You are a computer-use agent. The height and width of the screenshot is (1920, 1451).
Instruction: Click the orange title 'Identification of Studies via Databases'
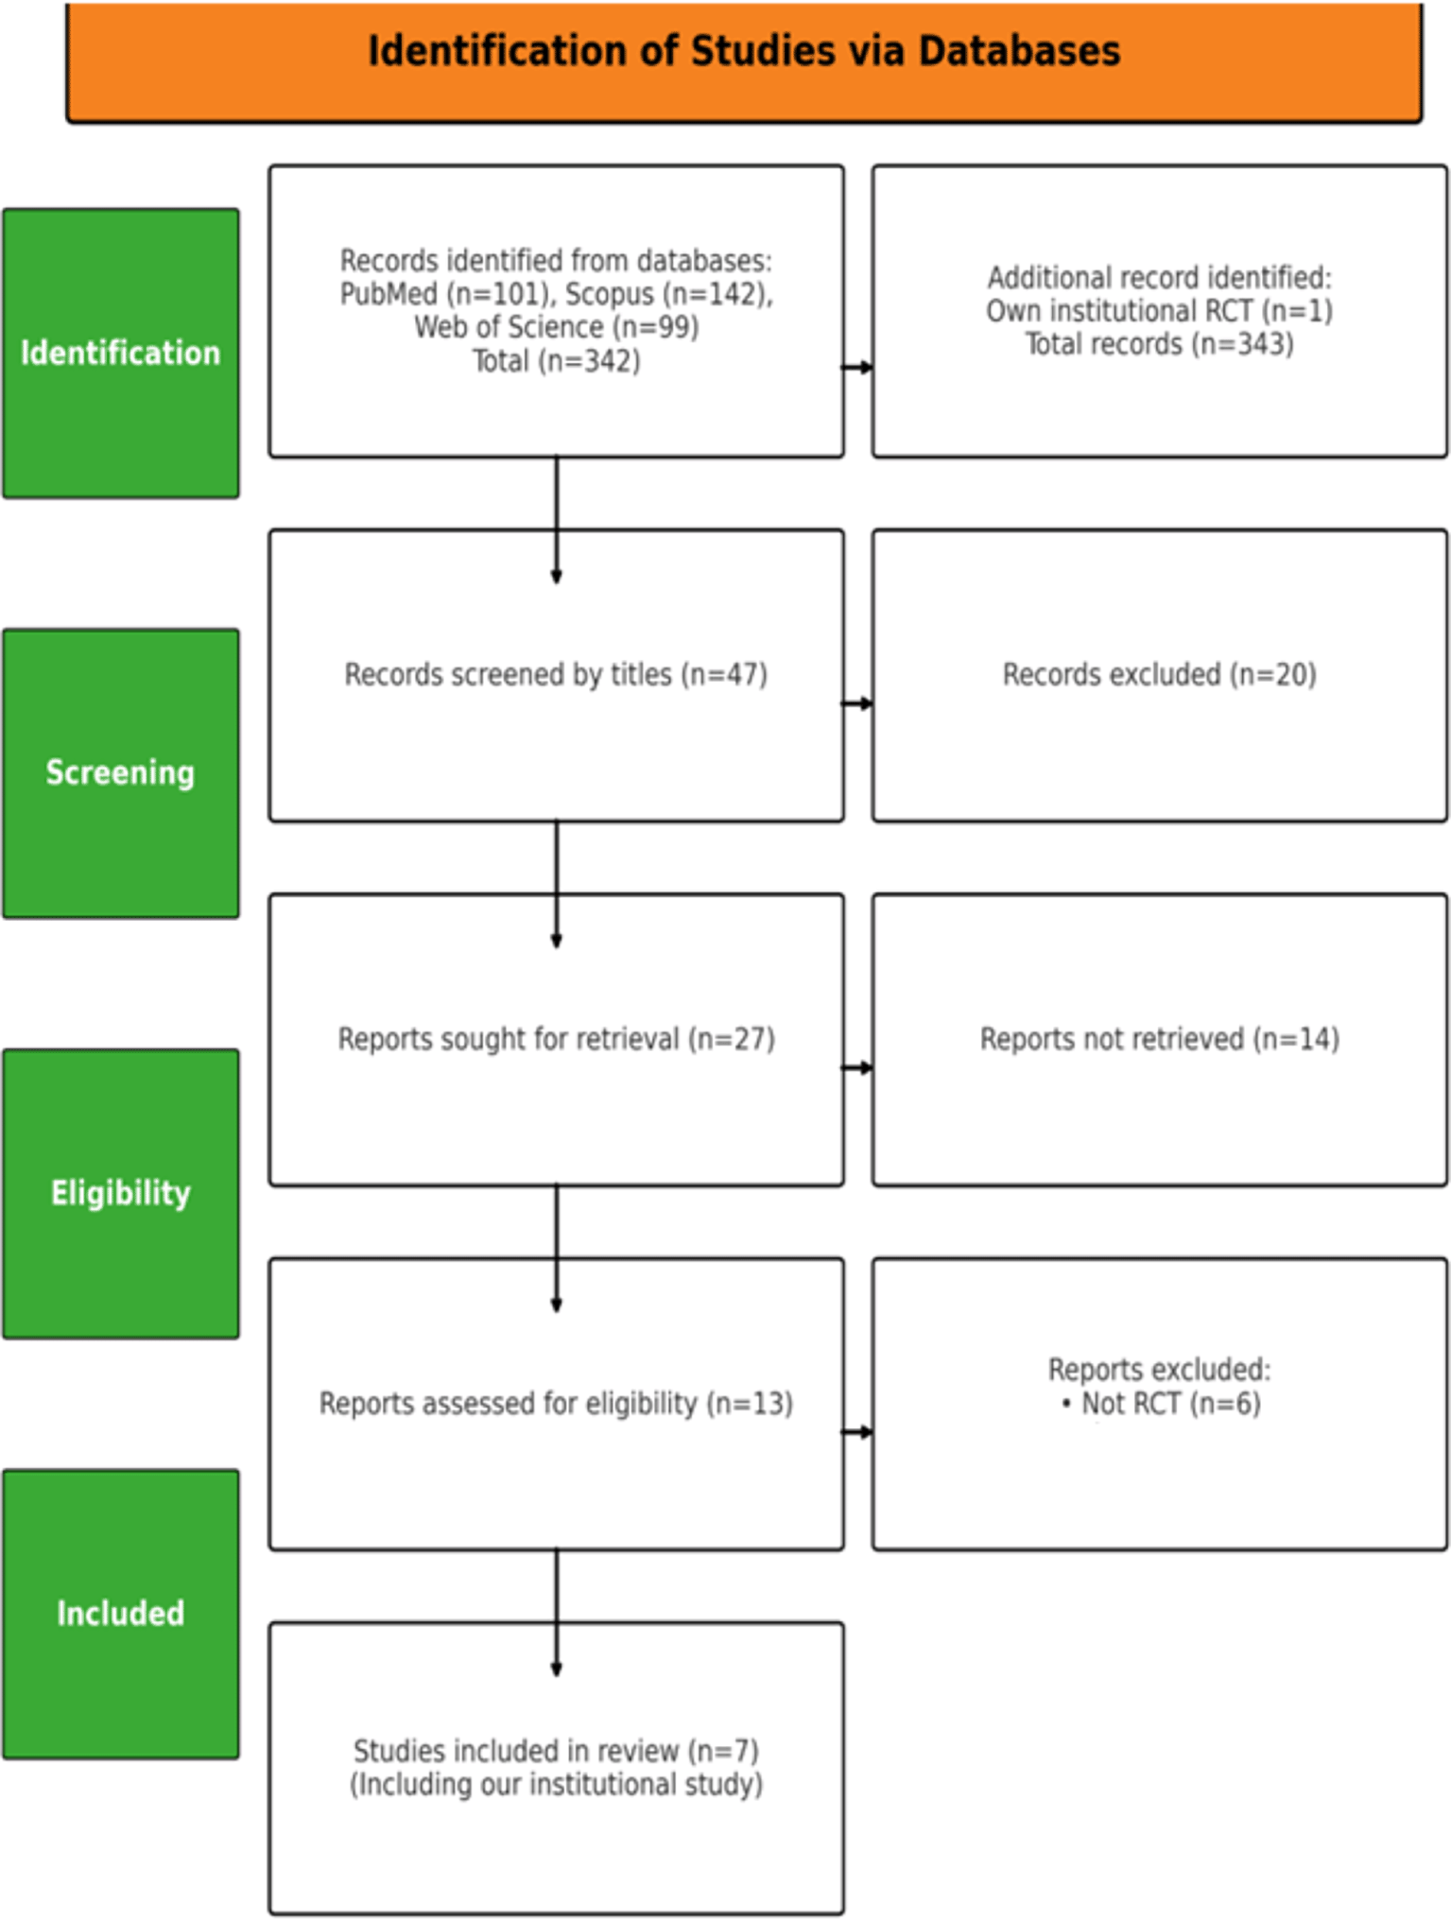(744, 51)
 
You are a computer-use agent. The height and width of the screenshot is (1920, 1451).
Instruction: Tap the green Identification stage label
(121, 354)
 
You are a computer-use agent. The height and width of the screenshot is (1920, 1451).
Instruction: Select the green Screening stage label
(121, 773)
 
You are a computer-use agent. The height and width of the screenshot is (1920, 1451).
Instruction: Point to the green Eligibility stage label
(121, 1193)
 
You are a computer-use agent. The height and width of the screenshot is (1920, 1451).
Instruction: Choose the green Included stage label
(121, 1614)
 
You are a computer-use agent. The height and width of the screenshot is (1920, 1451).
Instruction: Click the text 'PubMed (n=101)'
(443, 294)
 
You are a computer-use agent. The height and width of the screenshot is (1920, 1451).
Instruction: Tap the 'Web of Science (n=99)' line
(557, 327)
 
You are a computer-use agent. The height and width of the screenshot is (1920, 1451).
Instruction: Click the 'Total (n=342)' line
(557, 361)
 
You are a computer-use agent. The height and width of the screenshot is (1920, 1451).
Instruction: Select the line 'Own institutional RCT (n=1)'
(1160, 311)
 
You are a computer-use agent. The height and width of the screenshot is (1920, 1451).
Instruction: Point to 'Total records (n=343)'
(1160, 344)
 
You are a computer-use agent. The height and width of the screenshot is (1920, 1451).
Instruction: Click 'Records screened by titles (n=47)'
(556, 675)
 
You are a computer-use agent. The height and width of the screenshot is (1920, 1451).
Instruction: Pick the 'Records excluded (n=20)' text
(1160, 675)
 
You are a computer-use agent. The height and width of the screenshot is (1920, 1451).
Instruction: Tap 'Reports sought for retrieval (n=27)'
(557, 1040)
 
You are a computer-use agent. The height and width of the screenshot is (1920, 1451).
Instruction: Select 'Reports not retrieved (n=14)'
(1160, 1040)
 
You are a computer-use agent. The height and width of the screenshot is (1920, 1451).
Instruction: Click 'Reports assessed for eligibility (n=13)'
(556, 1404)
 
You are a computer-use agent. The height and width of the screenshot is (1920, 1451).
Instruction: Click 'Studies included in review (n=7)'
(557, 1752)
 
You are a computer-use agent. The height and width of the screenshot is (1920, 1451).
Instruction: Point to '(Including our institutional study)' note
(557, 1785)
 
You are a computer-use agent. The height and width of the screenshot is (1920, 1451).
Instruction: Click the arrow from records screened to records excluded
(857, 703)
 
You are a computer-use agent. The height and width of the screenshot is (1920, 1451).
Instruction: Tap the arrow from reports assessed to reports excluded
(857, 1432)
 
